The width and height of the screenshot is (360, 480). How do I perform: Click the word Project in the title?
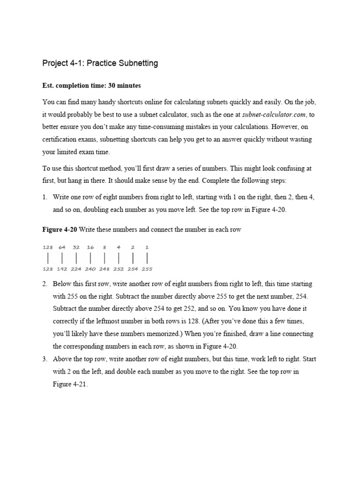tap(55, 63)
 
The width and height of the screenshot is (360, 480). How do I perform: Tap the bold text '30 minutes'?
tap(122, 86)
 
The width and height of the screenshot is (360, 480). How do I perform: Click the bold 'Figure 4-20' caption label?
tap(59, 230)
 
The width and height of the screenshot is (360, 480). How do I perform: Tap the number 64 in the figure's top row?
tap(62, 247)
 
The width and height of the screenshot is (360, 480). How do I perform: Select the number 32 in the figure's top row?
tap(76, 247)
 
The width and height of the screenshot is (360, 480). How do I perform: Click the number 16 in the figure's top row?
tap(90, 247)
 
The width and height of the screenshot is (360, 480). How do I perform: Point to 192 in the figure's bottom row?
tap(62, 269)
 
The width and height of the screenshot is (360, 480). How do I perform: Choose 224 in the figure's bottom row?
tap(76, 269)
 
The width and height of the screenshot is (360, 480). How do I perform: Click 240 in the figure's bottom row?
tap(90, 269)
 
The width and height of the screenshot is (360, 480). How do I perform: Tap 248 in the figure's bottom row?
tap(105, 269)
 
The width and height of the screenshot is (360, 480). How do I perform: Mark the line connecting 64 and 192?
tap(62, 258)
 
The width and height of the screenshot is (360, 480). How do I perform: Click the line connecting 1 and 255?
tap(147, 258)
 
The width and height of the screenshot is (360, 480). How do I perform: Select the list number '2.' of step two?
tap(45, 284)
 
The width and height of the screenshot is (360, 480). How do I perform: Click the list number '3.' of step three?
tap(45, 359)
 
